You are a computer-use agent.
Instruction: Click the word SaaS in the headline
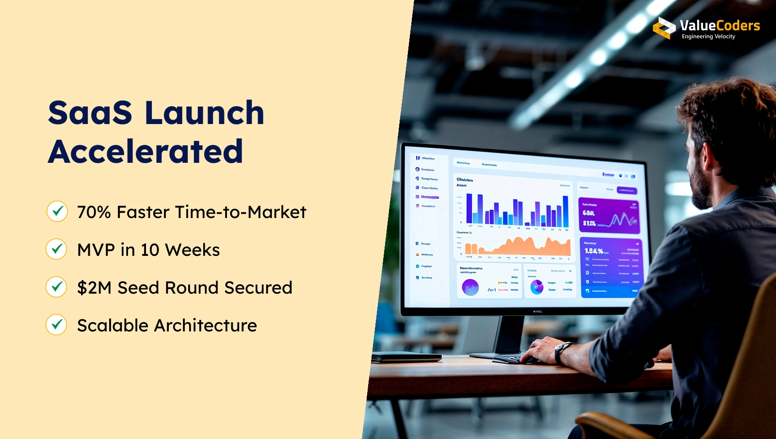tap(90, 113)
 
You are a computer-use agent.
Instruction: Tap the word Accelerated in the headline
tap(145, 152)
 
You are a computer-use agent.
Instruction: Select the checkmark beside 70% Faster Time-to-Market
tap(57, 211)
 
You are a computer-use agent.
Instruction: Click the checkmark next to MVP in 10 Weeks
tap(57, 249)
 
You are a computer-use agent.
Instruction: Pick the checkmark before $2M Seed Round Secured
tap(57, 287)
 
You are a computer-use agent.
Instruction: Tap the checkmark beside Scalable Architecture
tap(57, 325)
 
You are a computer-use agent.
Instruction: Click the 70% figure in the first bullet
tap(94, 212)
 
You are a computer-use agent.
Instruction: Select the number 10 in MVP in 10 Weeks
tap(150, 250)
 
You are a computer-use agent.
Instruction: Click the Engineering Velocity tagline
tap(708, 37)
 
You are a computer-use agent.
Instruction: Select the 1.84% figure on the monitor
tap(594, 251)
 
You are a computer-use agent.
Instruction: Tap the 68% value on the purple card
tap(589, 213)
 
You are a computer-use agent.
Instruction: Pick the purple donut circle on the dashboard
tap(470, 287)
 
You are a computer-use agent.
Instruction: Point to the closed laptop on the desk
tap(406, 357)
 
